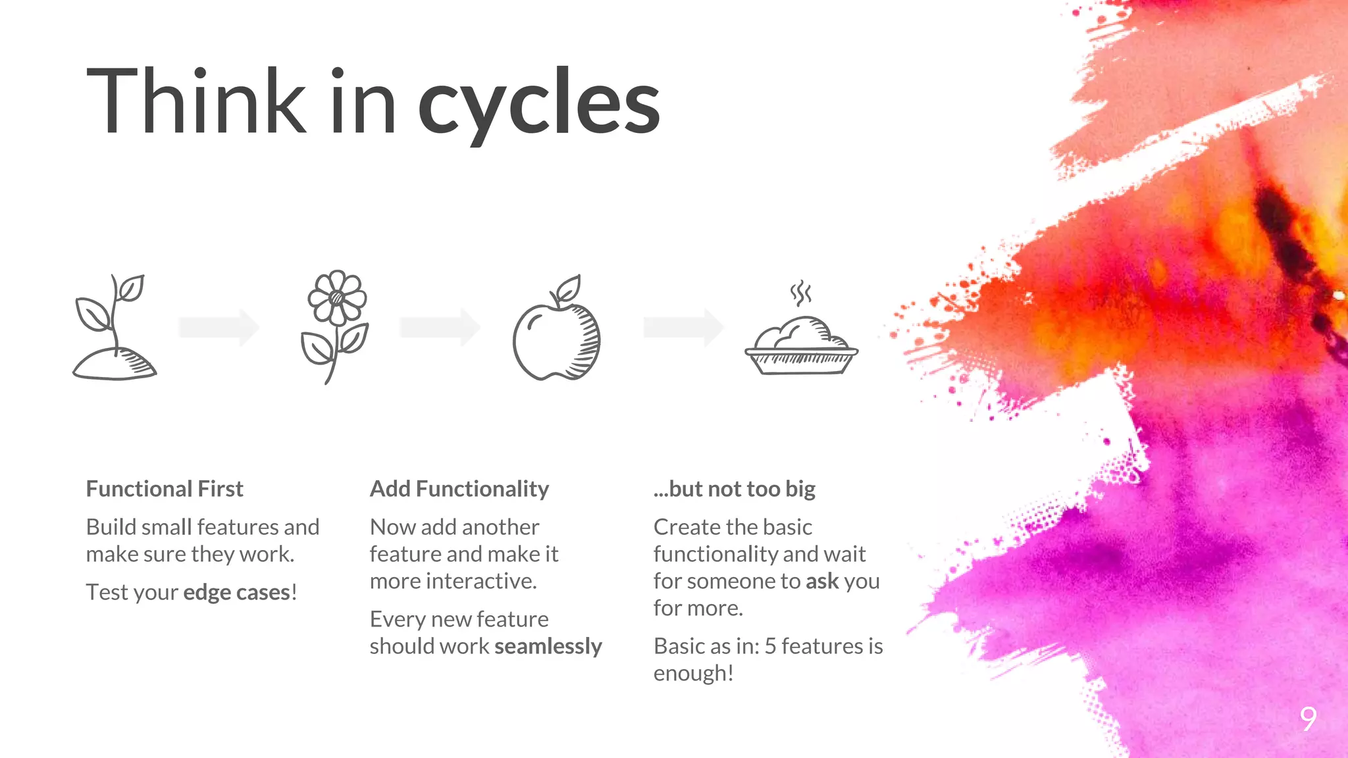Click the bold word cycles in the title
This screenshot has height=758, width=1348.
[538, 104]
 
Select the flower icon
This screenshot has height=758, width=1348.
[335, 326]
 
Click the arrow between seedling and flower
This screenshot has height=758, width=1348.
[219, 327]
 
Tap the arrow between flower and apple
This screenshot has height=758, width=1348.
[440, 327]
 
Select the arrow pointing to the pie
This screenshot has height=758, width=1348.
[683, 327]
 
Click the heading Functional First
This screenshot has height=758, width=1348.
[165, 489]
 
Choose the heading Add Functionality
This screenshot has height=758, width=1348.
[459, 489]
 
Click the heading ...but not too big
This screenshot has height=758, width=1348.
[735, 489]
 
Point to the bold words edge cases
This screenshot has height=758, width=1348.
[237, 592]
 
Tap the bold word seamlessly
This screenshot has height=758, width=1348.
[548, 646]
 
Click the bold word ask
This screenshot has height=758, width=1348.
[822, 581]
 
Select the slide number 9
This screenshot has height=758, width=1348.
[1309, 719]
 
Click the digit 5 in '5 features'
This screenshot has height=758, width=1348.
[771, 646]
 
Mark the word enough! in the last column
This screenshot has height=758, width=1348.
[693, 673]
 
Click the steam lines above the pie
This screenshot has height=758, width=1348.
[800, 293]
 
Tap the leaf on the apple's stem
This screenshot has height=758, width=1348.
[568, 288]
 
